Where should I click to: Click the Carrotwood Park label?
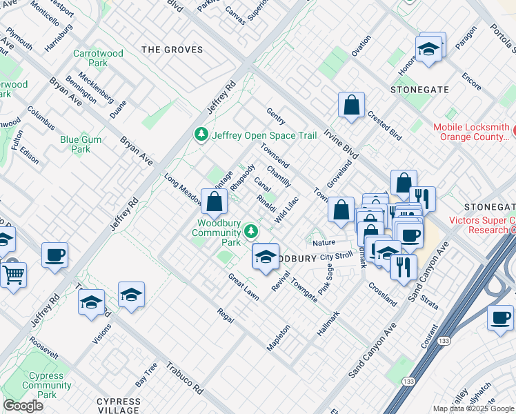pyautogui.click(x=98, y=58)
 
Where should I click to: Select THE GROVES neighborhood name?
pyautogui.click(x=172, y=50)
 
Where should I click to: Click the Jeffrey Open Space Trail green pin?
pyautogui.click(x=201, y=134)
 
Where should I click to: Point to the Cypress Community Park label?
pyautogui.click(x=47, y=385)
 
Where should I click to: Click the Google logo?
pyautogui.click(x=23, y=406)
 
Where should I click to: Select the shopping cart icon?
pyautogui.click(x=13, y=275)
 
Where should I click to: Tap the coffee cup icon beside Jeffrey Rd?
pyautogui.click(x=55, y=255)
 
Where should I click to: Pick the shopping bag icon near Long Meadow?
pyautogui.click(x=215, y=201)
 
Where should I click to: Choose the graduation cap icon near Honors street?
pyautogui.click(x=428, y=48)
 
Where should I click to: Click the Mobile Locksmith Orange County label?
pyautogui.click(x=471, y=132)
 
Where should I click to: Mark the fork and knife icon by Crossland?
pyautogui.click(x=403, y=265)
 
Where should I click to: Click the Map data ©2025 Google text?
pyautogui.click(x=473, y=408)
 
